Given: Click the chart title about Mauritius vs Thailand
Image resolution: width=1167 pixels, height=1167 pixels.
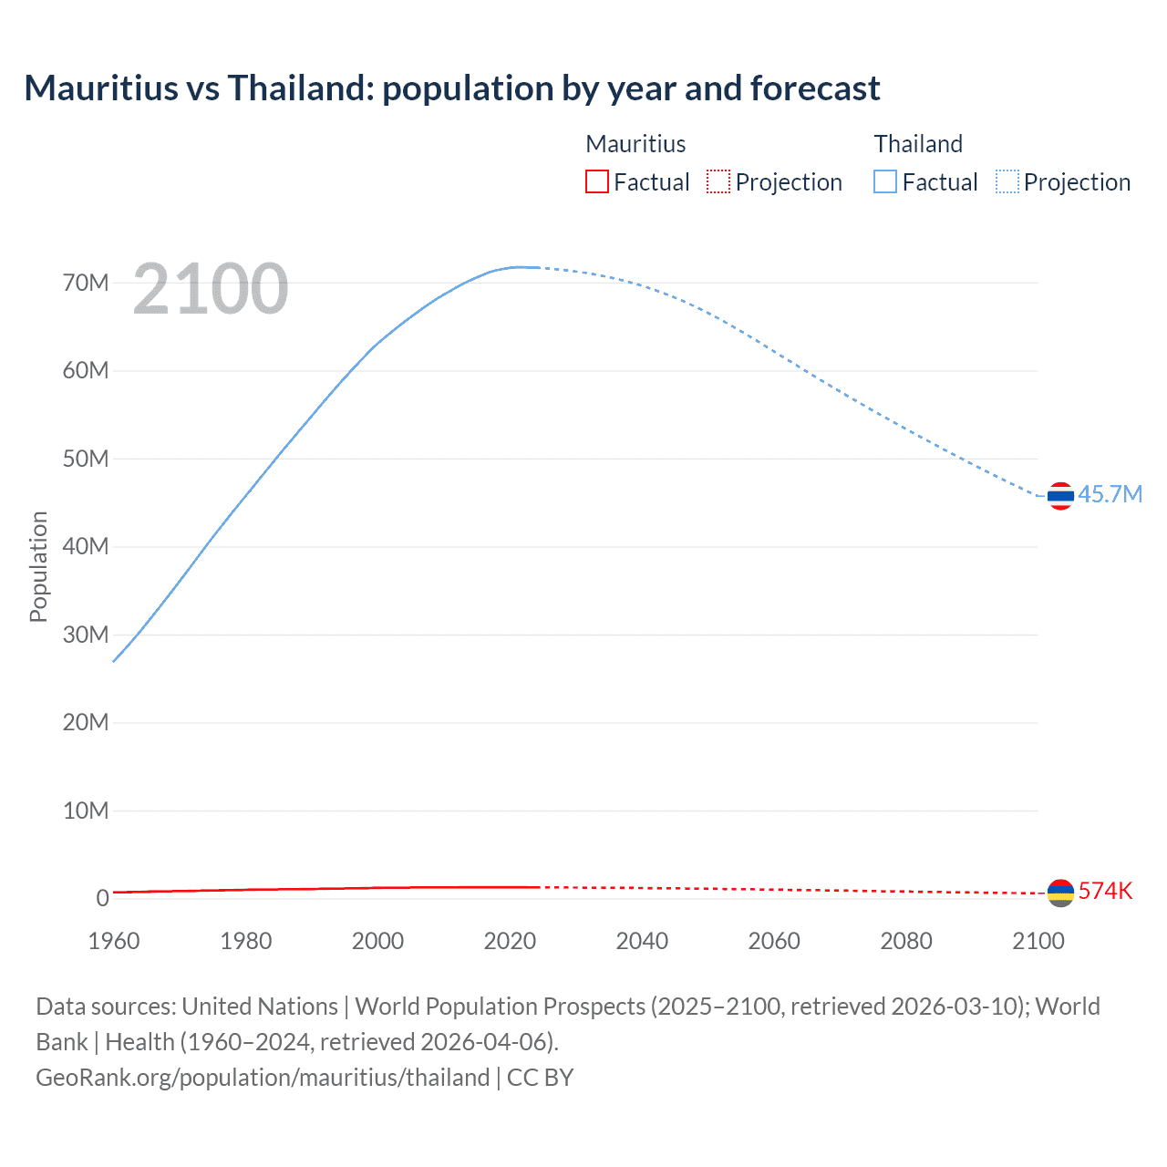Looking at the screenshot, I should click(452, 88).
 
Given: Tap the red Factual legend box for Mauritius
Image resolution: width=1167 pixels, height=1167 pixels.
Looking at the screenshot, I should click(596, 181).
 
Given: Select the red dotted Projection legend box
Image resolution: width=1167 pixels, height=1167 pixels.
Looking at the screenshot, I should click(718, 181).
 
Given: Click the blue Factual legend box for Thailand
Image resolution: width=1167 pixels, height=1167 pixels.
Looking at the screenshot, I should click(885, 181).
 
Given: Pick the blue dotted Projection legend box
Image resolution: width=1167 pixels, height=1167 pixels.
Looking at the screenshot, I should click(1007, 181).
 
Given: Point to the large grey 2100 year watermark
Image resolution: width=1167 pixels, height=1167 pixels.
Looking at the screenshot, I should click(211, 289).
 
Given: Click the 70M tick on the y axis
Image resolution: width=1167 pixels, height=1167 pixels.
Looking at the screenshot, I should click(86, 283).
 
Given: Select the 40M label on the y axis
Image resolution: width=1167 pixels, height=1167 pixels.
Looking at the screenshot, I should click(86, 546).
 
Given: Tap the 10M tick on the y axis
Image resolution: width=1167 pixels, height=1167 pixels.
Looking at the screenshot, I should click(86, 811).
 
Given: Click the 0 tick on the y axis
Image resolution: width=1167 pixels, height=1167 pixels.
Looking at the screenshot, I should click(102, 898).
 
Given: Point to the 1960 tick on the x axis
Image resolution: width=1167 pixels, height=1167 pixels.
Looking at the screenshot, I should click(114, 941).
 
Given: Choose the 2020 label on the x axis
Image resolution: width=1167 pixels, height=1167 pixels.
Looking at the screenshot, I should click(510, 941).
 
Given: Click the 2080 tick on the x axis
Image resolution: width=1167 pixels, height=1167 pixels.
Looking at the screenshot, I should click(906, 941).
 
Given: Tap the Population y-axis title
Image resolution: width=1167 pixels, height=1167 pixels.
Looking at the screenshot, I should click(38, 566).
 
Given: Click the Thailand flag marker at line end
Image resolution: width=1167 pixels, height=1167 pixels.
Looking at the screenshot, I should click(1060, 496).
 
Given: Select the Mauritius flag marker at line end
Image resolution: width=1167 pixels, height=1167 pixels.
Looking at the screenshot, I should click(1060, 893).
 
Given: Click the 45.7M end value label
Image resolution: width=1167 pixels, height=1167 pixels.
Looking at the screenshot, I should click(1110, 494).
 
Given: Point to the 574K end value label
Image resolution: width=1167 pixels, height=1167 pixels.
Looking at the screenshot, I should click(1105, 891).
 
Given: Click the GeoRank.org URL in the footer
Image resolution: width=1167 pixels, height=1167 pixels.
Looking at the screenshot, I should click(263, 1078).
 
